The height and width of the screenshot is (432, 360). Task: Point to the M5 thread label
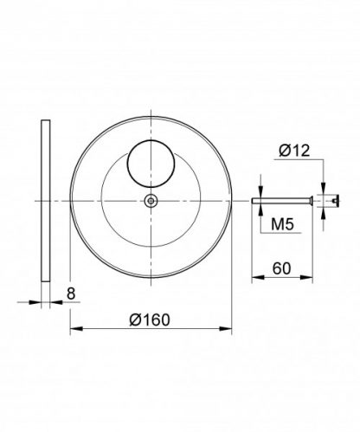[282, 223]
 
